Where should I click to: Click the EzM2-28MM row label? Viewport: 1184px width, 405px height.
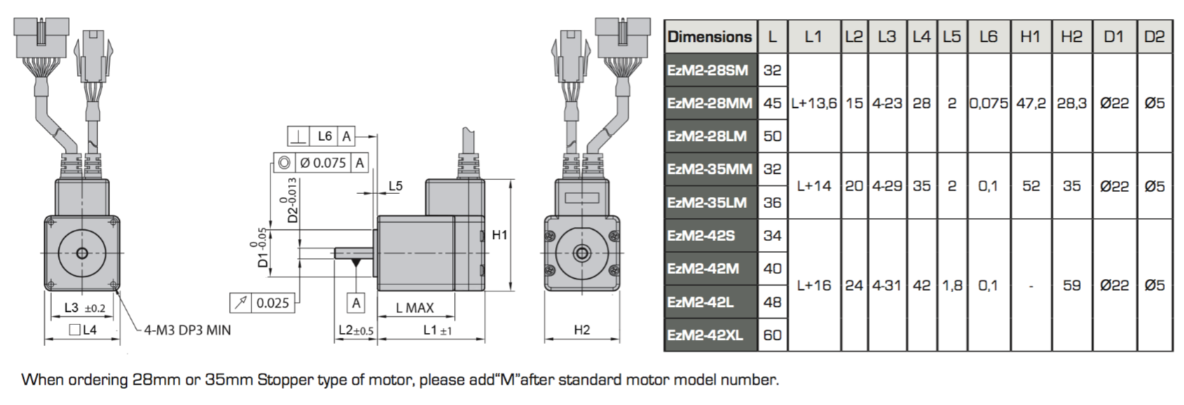pyautogui.click(x=709, y=103)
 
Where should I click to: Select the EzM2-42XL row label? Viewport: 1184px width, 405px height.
pyautogui.click(x=705, y=335)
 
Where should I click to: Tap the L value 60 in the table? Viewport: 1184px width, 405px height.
pyautogui.click(x=772, y=335)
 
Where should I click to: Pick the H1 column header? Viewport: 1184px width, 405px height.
pyautogui.click(x=1030, y=36)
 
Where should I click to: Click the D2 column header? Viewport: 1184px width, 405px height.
pyautogui.click(x=1155, y=36)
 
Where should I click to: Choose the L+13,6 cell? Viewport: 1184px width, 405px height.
pyautogui.click(x=814, y=103)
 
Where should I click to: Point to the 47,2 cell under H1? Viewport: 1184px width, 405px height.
pyautogui.click(x=1031, y=103)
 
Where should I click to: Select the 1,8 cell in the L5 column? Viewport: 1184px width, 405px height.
pyautogui.click(x=952, y=285)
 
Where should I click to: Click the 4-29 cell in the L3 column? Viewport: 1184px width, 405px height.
pyautogui.click(x=887, y=186)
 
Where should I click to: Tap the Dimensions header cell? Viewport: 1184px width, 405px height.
pyautogui.click(x=709, y=36)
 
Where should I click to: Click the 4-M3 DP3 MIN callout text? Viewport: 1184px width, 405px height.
pyautogui.click(x=188, y=331)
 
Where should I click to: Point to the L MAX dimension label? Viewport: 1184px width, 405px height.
pyautogui.click(x=415, y=308)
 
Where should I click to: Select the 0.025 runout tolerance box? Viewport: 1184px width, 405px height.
pyautogui.click(x=263, y=303)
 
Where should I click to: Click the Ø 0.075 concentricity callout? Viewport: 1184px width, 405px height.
pyautogui.click(x=321, y=163)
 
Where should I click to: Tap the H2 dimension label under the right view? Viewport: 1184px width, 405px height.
pyautogui.click(x=582, y=330)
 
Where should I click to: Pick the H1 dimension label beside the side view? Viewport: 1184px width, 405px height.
pyautogui.click(x=500, y=235)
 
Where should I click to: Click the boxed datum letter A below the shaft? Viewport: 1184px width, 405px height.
pyautogui.click(x=357, y=303)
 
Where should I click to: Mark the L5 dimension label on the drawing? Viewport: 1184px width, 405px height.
pyautogui.click(x=395, y=186)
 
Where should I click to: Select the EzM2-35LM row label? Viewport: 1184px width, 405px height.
pyautogui.click(x=707, y=202)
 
